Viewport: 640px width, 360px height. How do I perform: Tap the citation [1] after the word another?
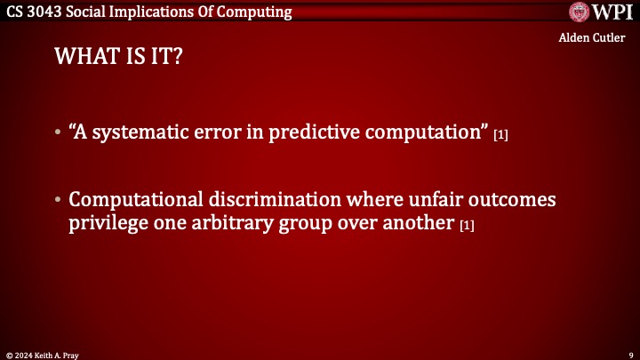pos(467,225)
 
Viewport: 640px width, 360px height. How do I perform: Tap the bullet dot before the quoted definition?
pos(59,134)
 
